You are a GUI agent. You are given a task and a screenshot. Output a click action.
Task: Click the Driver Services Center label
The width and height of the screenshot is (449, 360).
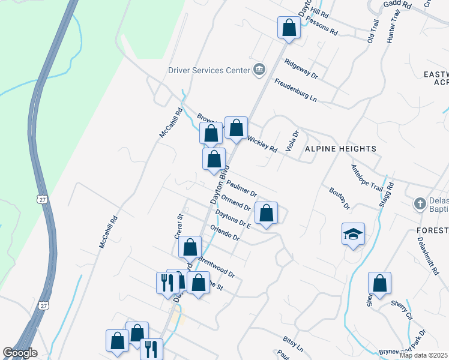click(x=209, y=70)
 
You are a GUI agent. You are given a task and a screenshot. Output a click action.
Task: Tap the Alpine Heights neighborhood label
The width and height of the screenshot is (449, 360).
click(x=340, y=148)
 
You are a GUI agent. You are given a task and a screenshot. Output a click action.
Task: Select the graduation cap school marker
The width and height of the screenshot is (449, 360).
click(x=353, y=235)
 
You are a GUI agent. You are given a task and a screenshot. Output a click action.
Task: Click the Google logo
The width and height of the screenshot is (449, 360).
click(x=20, y=353)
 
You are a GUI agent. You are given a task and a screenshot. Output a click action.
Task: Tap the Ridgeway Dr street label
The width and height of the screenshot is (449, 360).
click(x=301, y=69)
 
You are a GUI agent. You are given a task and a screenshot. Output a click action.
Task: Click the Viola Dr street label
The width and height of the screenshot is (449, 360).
click(x=293, y=142)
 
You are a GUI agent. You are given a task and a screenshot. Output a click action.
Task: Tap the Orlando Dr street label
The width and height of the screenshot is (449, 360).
click(x=225, y=233)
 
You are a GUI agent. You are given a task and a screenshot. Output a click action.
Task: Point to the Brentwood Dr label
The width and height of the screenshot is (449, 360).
click(x=216, y=267)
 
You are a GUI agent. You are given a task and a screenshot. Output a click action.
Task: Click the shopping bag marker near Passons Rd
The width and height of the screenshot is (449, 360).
click(x=289, y=28)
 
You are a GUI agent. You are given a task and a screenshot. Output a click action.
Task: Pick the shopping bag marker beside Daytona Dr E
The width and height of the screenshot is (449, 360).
click(x=266, y=213)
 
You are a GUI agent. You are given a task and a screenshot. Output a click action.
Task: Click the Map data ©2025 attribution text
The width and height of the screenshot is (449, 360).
click(x=424, y=355)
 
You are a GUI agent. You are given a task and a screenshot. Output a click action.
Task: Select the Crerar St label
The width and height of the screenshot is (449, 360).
click(x=178, y=226)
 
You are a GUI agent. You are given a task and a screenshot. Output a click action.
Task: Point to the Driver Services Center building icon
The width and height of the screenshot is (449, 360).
click(x=259, y=70)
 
